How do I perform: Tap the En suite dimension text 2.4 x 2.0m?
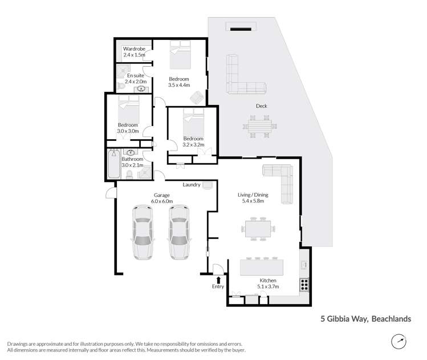135,82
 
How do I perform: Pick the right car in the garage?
178,231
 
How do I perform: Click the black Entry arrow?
218,278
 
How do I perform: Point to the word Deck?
262,106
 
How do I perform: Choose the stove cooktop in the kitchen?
305,282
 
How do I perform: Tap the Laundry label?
191,185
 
